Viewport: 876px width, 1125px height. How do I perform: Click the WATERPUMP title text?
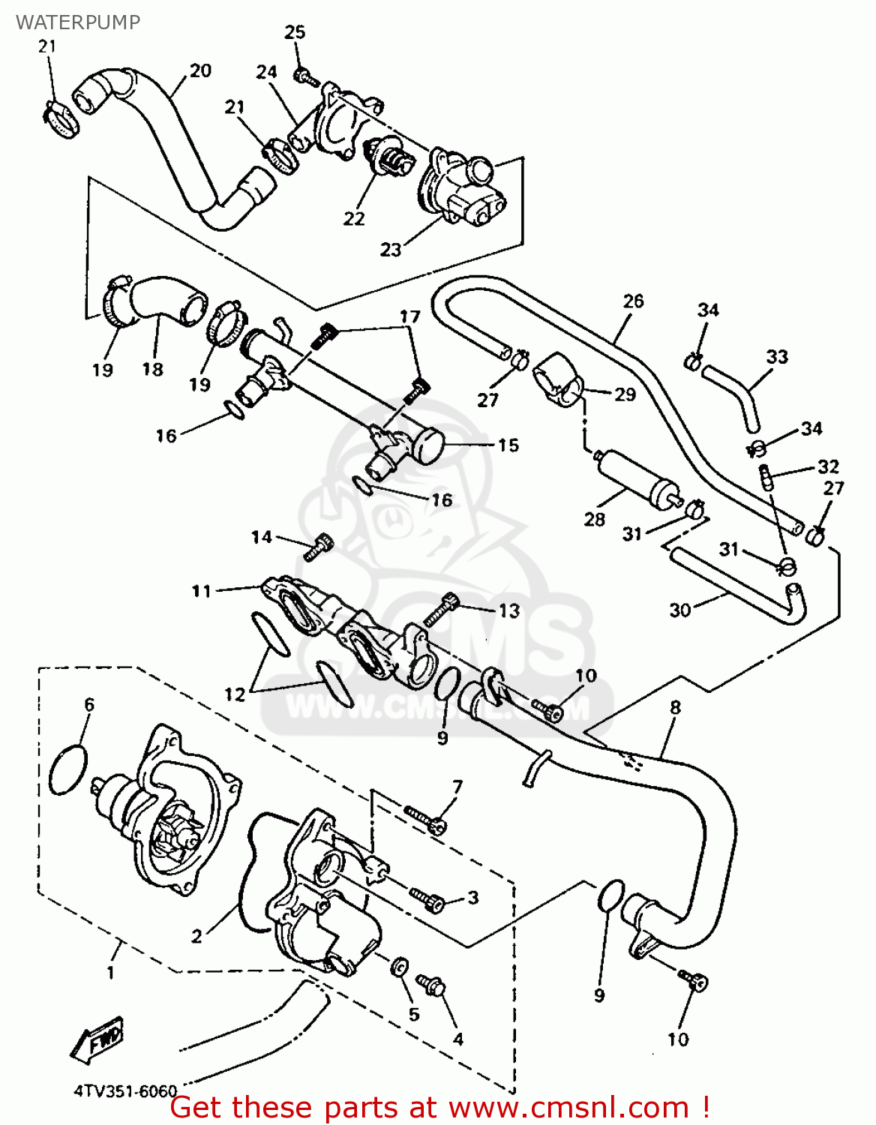78,22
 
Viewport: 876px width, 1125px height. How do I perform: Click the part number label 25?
295,32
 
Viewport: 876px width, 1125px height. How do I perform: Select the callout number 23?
391,250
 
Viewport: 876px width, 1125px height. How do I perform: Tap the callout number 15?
508,445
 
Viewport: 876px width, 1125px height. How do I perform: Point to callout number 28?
595,519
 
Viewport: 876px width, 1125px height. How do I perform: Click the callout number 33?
777,357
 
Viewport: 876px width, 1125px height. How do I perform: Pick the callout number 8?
676,707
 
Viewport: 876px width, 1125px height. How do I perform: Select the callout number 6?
89,704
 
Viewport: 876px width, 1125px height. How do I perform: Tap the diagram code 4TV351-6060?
125,1091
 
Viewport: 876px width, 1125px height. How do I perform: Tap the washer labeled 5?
400,967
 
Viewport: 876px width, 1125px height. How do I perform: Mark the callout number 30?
679,610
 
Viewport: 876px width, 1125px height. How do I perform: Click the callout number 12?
235,694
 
